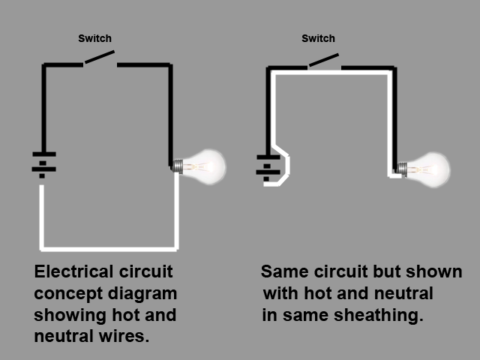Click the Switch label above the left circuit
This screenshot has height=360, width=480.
(x=94, y=38)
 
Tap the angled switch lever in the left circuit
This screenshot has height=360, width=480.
(x=100, y=58)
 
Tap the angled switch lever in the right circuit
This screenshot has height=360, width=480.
(x=323, y=58)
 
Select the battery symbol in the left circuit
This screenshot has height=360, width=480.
(x=43, y=164)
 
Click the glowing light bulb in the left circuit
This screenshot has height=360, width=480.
(x=204, y=164)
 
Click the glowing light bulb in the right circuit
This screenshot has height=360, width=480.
(x=429, y=167)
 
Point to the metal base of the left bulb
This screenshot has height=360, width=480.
(x=178, y=166)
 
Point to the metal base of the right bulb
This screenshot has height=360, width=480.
(x=403, y=168)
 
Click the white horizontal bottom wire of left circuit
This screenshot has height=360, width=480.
(x=109, y=247)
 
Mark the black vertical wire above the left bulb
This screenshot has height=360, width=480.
(x=172, y=112)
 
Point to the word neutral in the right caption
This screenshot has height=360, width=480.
(x=406, y=293)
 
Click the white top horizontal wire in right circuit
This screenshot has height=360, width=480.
(x=330, y=73)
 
